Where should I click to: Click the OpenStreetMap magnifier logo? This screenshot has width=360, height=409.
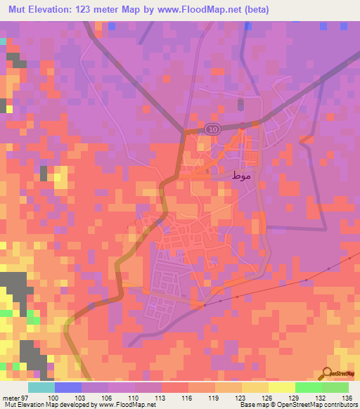328,375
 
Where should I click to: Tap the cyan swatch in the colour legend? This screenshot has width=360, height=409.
41,387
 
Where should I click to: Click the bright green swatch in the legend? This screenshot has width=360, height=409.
308,387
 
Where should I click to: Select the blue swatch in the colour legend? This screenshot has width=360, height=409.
68,387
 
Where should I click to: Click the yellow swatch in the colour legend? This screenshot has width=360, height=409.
281,387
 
